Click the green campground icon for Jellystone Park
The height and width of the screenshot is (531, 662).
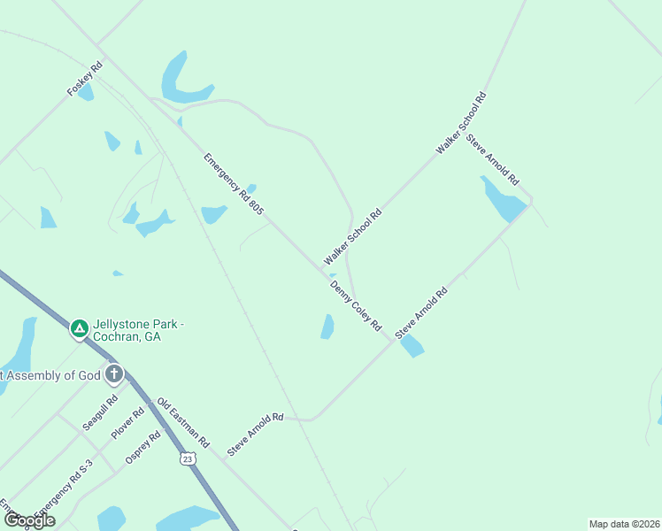click(79, 329)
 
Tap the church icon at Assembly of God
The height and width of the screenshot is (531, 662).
click(114, 374)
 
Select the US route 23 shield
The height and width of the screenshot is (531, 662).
click(186, 458)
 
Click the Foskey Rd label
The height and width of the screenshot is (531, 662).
click(85, 79)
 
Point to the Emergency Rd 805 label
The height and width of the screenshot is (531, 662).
click(234, 184)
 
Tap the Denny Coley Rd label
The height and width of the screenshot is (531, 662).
click(355, 306)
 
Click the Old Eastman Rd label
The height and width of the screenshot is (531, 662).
click(183, 423)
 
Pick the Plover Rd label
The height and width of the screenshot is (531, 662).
click(127, 424)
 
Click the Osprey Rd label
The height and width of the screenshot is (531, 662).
click(142, 448)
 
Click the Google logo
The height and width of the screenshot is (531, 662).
click(30, 520)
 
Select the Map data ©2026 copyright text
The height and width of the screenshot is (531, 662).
click(624, 524)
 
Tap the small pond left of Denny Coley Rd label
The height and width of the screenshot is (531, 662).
click(327, 327)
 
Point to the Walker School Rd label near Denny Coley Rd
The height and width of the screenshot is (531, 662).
click(352, 237)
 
